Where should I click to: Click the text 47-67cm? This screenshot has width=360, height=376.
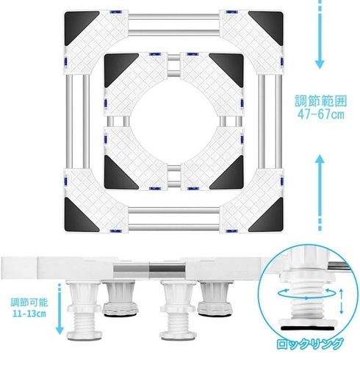pos(321,115)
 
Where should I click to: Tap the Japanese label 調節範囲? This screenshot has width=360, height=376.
pos(321,101)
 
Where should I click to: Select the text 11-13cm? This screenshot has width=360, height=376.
pos(29,314)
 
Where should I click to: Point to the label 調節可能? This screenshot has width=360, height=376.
pos(29,303)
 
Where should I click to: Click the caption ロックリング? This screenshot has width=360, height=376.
pos(309,344)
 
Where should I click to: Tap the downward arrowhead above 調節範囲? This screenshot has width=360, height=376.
pos(320,64)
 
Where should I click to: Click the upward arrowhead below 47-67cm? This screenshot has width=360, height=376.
pos(320,159)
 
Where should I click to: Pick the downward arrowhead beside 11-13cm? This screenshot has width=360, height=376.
pos(60,330)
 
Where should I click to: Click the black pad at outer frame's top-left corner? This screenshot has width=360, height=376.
pos(80,26)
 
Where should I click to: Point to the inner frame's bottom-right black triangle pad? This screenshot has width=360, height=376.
pos(230,175)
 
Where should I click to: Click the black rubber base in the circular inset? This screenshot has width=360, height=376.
pos(309,328)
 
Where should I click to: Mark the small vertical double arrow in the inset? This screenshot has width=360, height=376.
pos(342,301)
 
